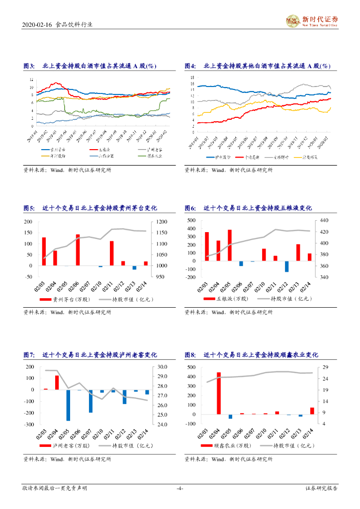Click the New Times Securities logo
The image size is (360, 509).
(x=311, y=21)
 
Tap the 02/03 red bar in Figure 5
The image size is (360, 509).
(x=44, y=252)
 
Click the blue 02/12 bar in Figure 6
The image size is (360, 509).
(x=287, y=266)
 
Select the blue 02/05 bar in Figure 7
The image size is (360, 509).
(x=68, y=405)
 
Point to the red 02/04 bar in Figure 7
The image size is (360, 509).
(x=57, y=382)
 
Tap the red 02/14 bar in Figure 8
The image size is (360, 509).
(x=312, y=411)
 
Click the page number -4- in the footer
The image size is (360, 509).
(x=180, y=489)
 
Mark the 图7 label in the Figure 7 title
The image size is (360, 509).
(x=29, y=355)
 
